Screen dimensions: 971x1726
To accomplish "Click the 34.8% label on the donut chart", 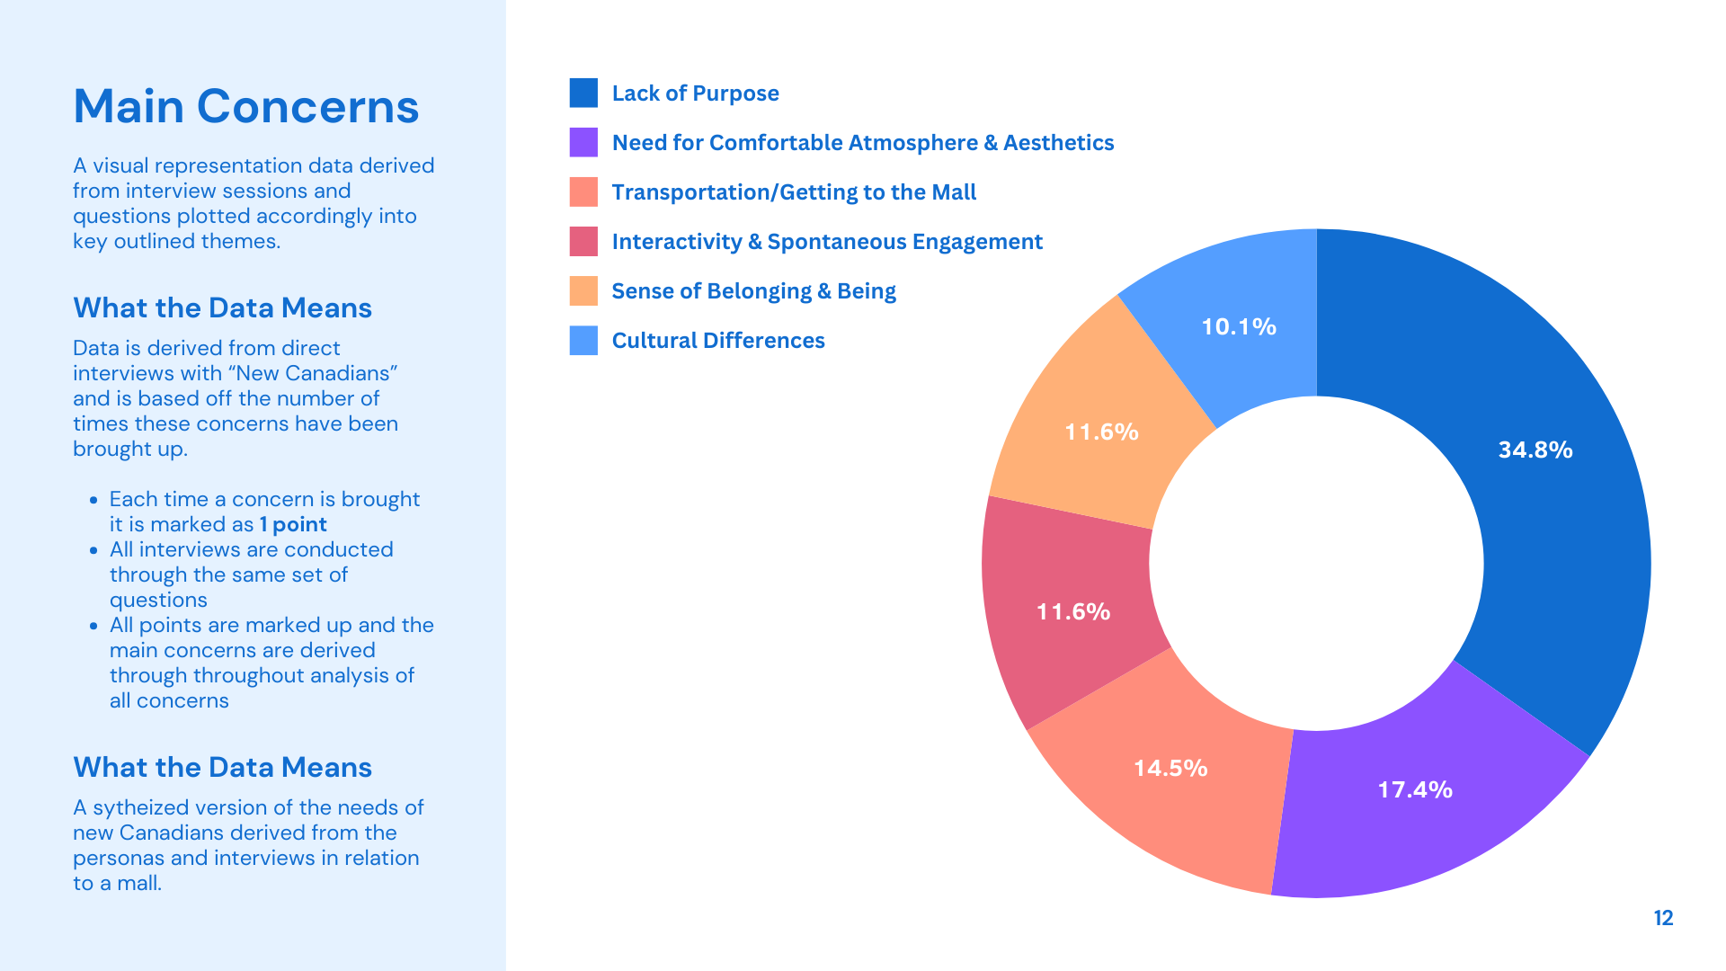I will tap(1535, 450).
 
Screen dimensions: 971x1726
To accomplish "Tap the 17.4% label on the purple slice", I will tap(1415, 789).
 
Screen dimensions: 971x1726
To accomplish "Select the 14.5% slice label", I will tap(1170, 768).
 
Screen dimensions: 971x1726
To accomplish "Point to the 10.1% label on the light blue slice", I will tap(1239, 326).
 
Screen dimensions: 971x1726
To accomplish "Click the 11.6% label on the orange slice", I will tap(1101, 432).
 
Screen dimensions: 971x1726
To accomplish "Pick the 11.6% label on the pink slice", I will tap(1073, 611).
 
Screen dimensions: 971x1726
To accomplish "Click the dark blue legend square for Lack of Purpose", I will tap(583, 93).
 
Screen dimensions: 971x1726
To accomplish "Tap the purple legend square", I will tap(583, 142).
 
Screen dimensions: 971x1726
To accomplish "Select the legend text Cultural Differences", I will tap(717, 341).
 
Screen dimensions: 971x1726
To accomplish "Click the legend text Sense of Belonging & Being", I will tap(753, 291).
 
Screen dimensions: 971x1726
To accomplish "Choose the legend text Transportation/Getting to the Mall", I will tap(794, 192).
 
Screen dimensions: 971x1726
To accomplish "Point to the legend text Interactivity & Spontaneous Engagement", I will tap(826, 242).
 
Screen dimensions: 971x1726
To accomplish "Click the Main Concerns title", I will tap(245, 106).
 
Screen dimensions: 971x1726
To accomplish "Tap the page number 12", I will tap(1663, 918).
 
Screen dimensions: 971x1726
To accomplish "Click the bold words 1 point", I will tap(293, 524).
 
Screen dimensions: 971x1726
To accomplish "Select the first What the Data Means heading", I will tap(222, 307).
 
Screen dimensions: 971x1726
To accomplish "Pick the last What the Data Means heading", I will tap(222, 767).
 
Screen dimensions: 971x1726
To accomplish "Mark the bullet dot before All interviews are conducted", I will tap(93, 550).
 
